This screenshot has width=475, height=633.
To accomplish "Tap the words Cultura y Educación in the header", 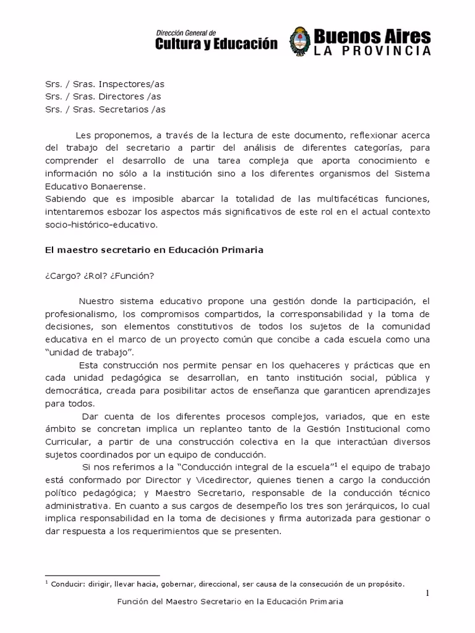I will pos(216,43).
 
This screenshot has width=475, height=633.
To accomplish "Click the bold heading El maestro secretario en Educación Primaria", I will pos(154,250).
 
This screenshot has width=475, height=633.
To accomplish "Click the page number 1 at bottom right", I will pos(427,594).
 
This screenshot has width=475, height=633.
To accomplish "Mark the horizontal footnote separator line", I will pos(102,576).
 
